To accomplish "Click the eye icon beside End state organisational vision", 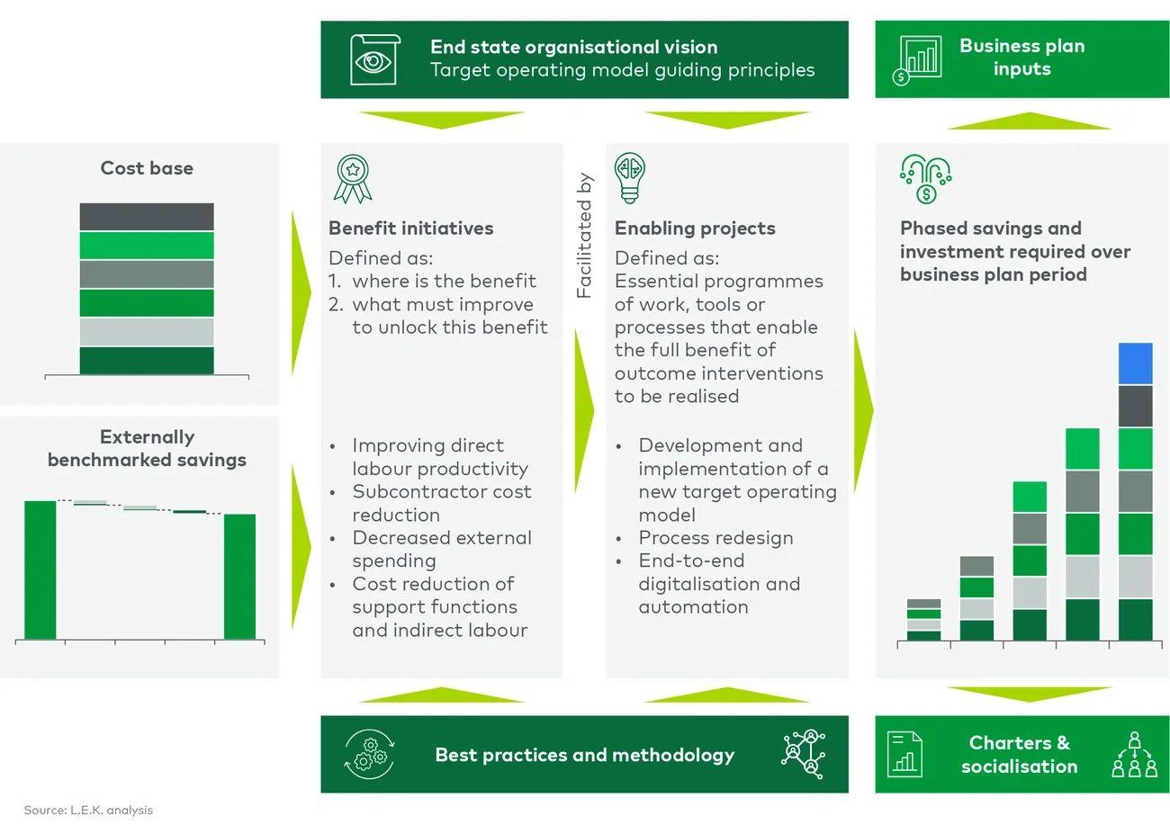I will [x=373, y=59].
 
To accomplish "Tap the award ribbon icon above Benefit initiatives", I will [x=353, y=178].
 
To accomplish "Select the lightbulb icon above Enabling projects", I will [x=630, y=177].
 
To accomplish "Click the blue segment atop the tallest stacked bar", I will [x=1135, y=363].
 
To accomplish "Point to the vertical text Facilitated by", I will [x=584, y=236].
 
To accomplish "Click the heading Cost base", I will [x=147, y=168].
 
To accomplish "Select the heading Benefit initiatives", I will [x=410, y=229].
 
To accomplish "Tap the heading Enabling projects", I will [x=694, y=229].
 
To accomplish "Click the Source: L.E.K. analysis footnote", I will [x=88, y=810].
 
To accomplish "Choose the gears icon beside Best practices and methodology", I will [x=370, y=754].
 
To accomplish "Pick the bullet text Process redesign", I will [x=715, y=538].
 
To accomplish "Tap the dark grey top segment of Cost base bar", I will [x=147, y=217].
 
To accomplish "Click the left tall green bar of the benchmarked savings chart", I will [x=40, y=569].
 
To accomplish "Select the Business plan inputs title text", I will [x=1021, y=58].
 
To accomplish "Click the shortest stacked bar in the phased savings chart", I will [x=923, y=620].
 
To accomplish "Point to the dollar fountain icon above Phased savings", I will [x=925, y=178].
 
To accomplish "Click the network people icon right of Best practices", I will [x=804, y=754].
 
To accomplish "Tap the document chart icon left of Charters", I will [x=904, y=754].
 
